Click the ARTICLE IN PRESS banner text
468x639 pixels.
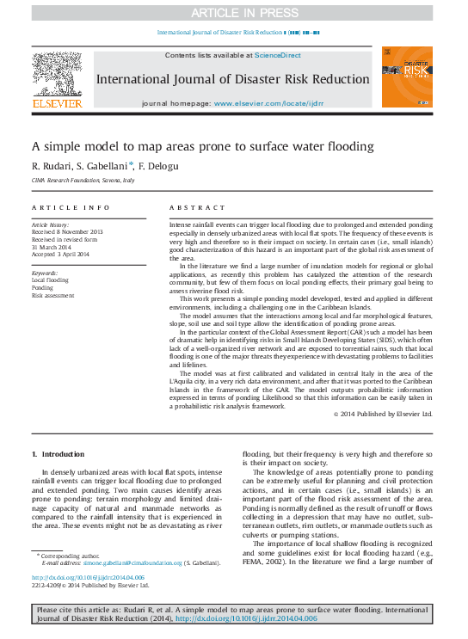click(233, 12)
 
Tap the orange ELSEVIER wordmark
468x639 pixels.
click(58, 104)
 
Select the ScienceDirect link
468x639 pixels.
click(277, 55)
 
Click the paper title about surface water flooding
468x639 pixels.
click(203, 146)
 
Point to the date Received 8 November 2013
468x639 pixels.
click(67, 231)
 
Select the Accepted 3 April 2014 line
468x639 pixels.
click(60, 255)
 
